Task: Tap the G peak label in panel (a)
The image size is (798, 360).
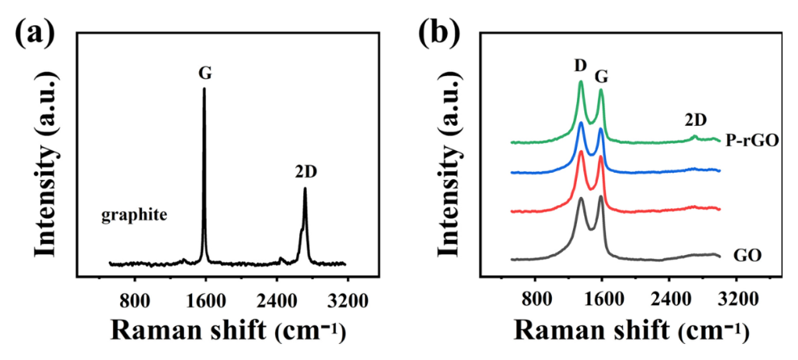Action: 205,72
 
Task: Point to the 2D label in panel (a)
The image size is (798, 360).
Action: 306,172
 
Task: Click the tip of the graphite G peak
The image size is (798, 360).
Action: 204,88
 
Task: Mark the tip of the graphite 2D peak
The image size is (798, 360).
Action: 305,189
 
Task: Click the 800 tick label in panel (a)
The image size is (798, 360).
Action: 135,300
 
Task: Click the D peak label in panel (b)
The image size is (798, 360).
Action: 579,65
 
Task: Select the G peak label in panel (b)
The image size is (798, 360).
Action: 601,77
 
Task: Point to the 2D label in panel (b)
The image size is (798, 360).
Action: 696,119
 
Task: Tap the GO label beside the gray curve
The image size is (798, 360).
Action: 747,257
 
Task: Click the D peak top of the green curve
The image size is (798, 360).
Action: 581,82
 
